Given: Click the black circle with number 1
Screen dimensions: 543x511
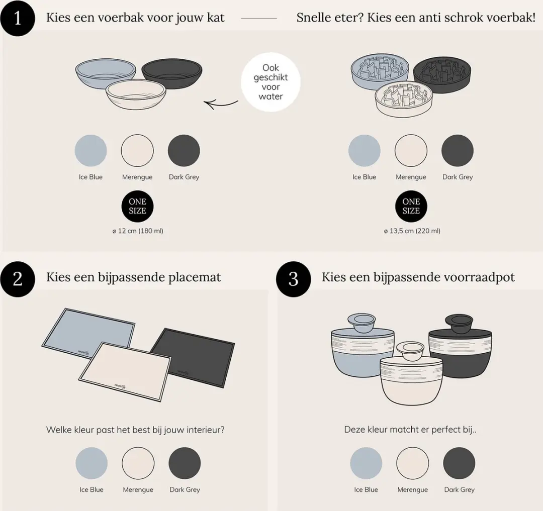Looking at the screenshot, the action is click(x=17, y=18).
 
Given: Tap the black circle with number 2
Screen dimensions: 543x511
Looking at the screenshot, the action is click(x=17, y=279).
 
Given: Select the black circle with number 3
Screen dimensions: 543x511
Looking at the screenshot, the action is click(x=293, y=279).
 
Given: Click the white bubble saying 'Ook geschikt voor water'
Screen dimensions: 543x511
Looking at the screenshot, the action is click(x=270, y=82).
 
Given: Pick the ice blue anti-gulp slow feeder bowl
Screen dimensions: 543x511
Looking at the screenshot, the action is click(x=380, y=71).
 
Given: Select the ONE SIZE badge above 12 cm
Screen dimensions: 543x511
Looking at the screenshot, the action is click(x=137, y=207).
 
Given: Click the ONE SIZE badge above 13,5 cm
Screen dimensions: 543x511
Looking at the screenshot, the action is click(x=411, y=207).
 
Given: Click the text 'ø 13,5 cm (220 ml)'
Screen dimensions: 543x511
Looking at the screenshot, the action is click(x=412, y=231).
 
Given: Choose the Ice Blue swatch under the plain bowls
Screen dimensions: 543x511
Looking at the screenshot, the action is click(x=90, y=151).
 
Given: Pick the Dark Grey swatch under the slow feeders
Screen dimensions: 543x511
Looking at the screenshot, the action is click(x=458, y=151).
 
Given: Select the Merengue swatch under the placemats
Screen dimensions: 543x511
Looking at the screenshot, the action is click(x=138, y=463).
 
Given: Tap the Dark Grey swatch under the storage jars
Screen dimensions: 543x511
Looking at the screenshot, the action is click(x=459, y=463).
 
